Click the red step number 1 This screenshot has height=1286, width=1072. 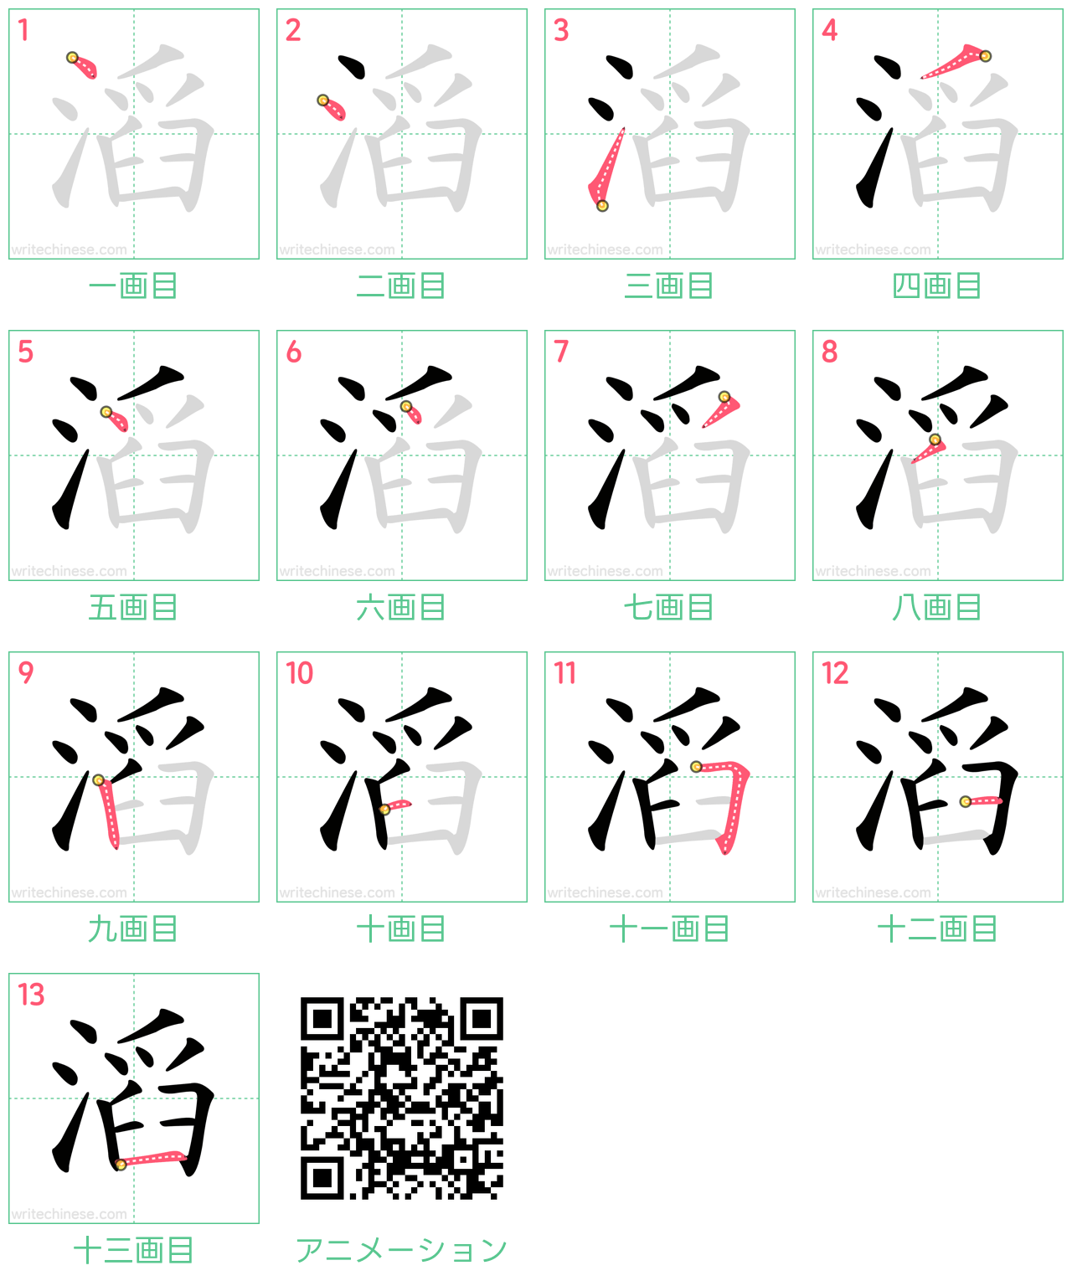click(23, 30)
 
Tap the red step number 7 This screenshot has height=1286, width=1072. click(560, 351)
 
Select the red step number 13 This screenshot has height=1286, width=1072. click(31, 995)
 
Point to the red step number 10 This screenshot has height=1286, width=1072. click(300, 673)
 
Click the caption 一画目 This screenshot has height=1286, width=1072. click(133, 286)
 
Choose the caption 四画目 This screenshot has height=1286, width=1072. click(937, 286)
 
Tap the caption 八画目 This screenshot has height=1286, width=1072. click(937, 608)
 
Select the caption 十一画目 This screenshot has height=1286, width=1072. click(669, 929)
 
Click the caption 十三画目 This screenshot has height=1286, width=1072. click(133, 1251)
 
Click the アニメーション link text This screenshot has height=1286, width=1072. click(401, 1251)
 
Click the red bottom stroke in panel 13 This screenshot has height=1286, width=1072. click(152, 1159)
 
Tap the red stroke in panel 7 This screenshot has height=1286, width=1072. click(721, 410)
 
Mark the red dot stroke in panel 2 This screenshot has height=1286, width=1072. click(332, 108)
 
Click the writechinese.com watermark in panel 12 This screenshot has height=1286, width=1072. click(873, 892)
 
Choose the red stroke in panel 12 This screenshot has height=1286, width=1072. click(982, 801)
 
